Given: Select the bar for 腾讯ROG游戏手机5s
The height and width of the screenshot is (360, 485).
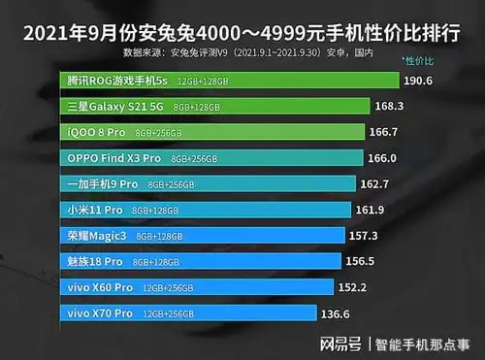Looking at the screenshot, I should pyautogui.click(x=233, y=80).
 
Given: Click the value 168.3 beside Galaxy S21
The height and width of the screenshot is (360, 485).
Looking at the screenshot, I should pyautogui.click(x=403, y=107).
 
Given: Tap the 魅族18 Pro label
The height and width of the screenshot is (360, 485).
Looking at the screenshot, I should pyautogui.click(x=93, y=261).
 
